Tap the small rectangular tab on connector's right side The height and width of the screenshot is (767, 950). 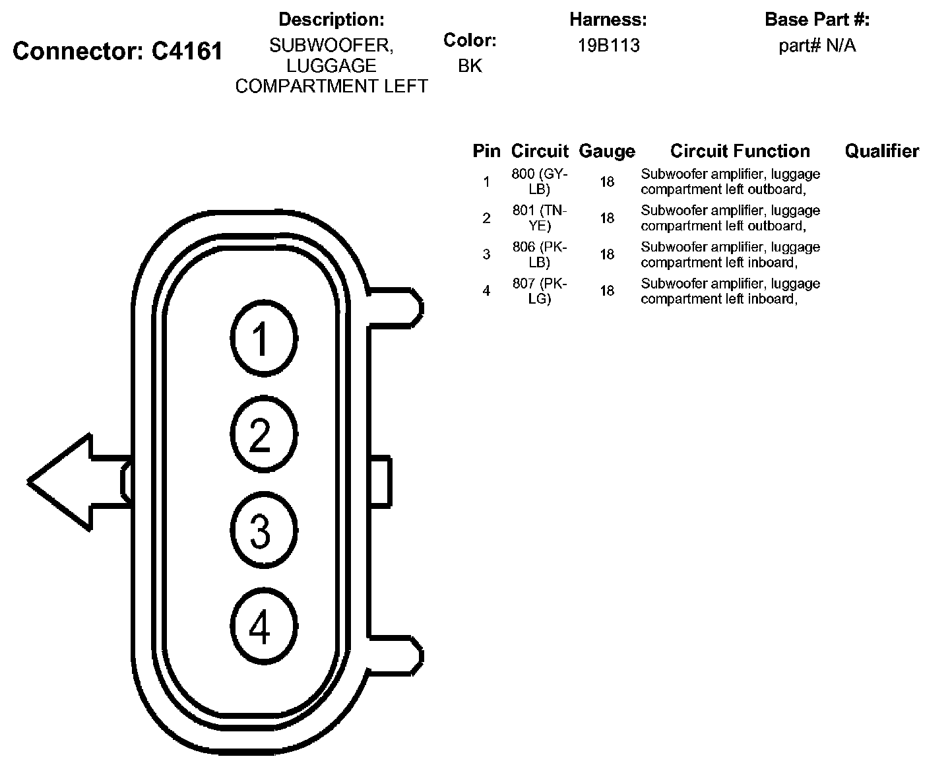[380, 482]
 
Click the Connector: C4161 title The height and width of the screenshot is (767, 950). [118, 51]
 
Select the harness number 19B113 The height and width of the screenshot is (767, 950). [608, 46]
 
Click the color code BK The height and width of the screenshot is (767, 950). [470, 66]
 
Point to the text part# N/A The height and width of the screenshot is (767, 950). [817, 46]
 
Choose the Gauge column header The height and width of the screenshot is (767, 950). [606, 151]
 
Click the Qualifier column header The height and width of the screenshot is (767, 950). [881, 151]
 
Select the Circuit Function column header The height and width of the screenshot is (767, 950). [740, 151]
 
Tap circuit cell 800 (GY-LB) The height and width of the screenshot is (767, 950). [539, 182]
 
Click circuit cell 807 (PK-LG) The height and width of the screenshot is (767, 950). [539, 290]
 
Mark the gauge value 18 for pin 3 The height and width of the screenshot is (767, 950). [607, 255]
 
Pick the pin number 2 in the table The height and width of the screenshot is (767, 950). [486, 218]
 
